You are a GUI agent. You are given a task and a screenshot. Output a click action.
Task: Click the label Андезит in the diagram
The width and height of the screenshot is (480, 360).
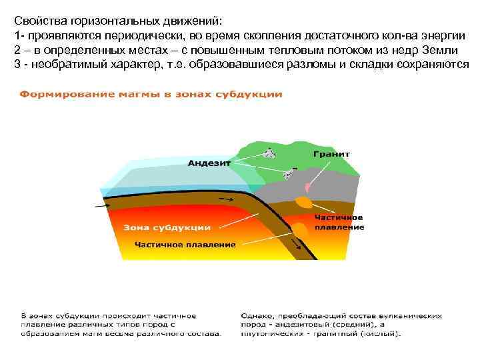[x=209, y=162]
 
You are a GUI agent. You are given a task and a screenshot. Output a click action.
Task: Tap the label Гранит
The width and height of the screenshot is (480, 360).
[x=331, y=153]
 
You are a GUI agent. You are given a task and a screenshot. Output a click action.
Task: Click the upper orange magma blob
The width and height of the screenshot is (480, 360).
[x=304, y=201]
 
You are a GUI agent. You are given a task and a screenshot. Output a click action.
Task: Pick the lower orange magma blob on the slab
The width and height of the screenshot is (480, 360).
[x=301, y=229]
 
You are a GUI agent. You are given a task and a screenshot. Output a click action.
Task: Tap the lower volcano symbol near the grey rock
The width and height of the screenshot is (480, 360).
[x=288, y=173]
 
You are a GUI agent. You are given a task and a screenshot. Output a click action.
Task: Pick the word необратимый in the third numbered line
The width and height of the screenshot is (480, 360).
[x=61, y=64]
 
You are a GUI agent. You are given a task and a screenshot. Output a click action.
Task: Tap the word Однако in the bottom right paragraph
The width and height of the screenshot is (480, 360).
[x=256, y=313]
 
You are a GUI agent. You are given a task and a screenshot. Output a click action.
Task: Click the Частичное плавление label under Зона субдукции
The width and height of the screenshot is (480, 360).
[x=185, y=245]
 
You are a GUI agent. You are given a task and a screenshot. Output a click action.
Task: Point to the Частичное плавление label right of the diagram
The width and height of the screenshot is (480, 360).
[x=339, y=222]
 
